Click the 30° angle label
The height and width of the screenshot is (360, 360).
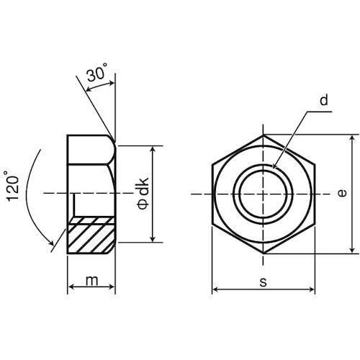98,73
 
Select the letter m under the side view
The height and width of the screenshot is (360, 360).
91,281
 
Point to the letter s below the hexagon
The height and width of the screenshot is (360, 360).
263,282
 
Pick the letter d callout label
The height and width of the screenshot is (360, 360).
323,102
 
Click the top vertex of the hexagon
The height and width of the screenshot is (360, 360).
264,135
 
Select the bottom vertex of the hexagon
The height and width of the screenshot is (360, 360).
264,253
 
